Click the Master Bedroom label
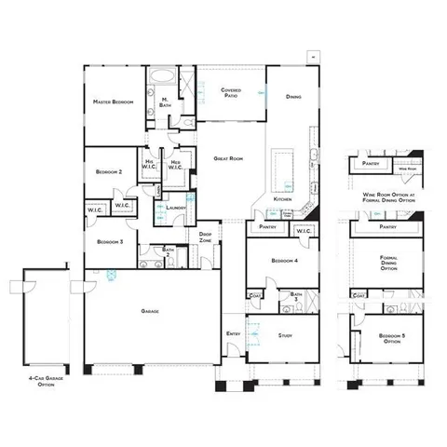(x=113, y=101)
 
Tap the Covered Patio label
(x=231, y=92)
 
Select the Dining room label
(x=293, y=97)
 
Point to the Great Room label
(x=227, y=159)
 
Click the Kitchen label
(x=283, y=200)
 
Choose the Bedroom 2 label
(x=109, y=172)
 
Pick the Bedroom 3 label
(x=109, y=241)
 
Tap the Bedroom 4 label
(x=283, y=261)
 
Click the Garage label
(x=149, y=310)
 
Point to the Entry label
(x=234, y=333)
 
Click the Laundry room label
(x=175, y=208)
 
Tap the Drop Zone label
(x=206, y=237)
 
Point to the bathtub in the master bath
(x=163, y=78)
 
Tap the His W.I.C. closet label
(x=149, y=166)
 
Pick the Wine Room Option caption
(x=389, y=197)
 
